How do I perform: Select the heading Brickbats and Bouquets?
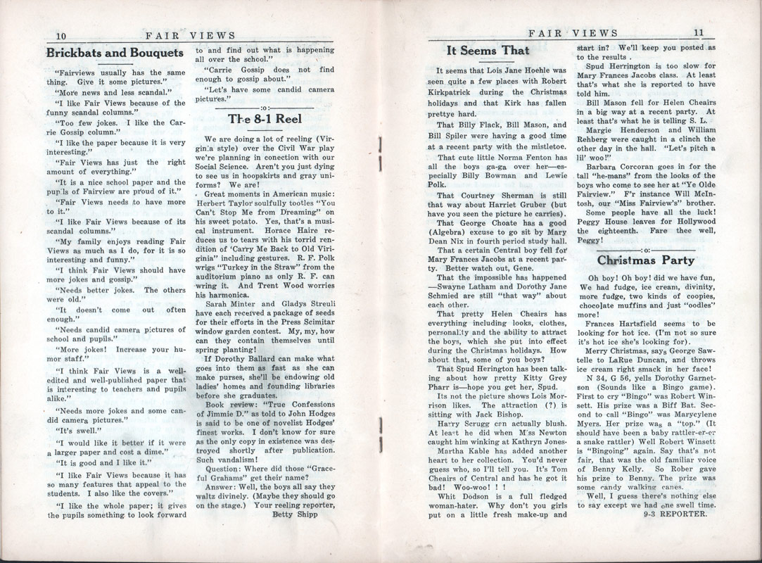115,52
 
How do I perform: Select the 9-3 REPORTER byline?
675,512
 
